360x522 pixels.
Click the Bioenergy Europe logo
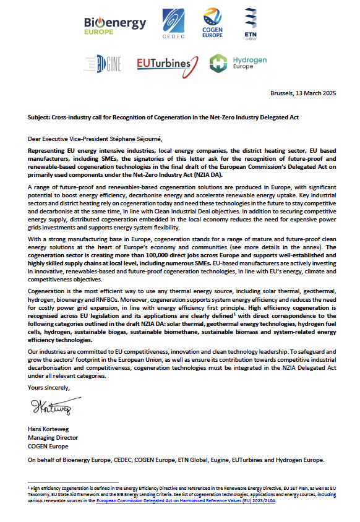(x=115, y=25)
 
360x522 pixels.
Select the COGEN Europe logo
(x=212, y=25)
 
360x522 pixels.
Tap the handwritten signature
(x=53, y=409)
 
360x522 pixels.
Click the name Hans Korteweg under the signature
(x=49, y=429)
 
